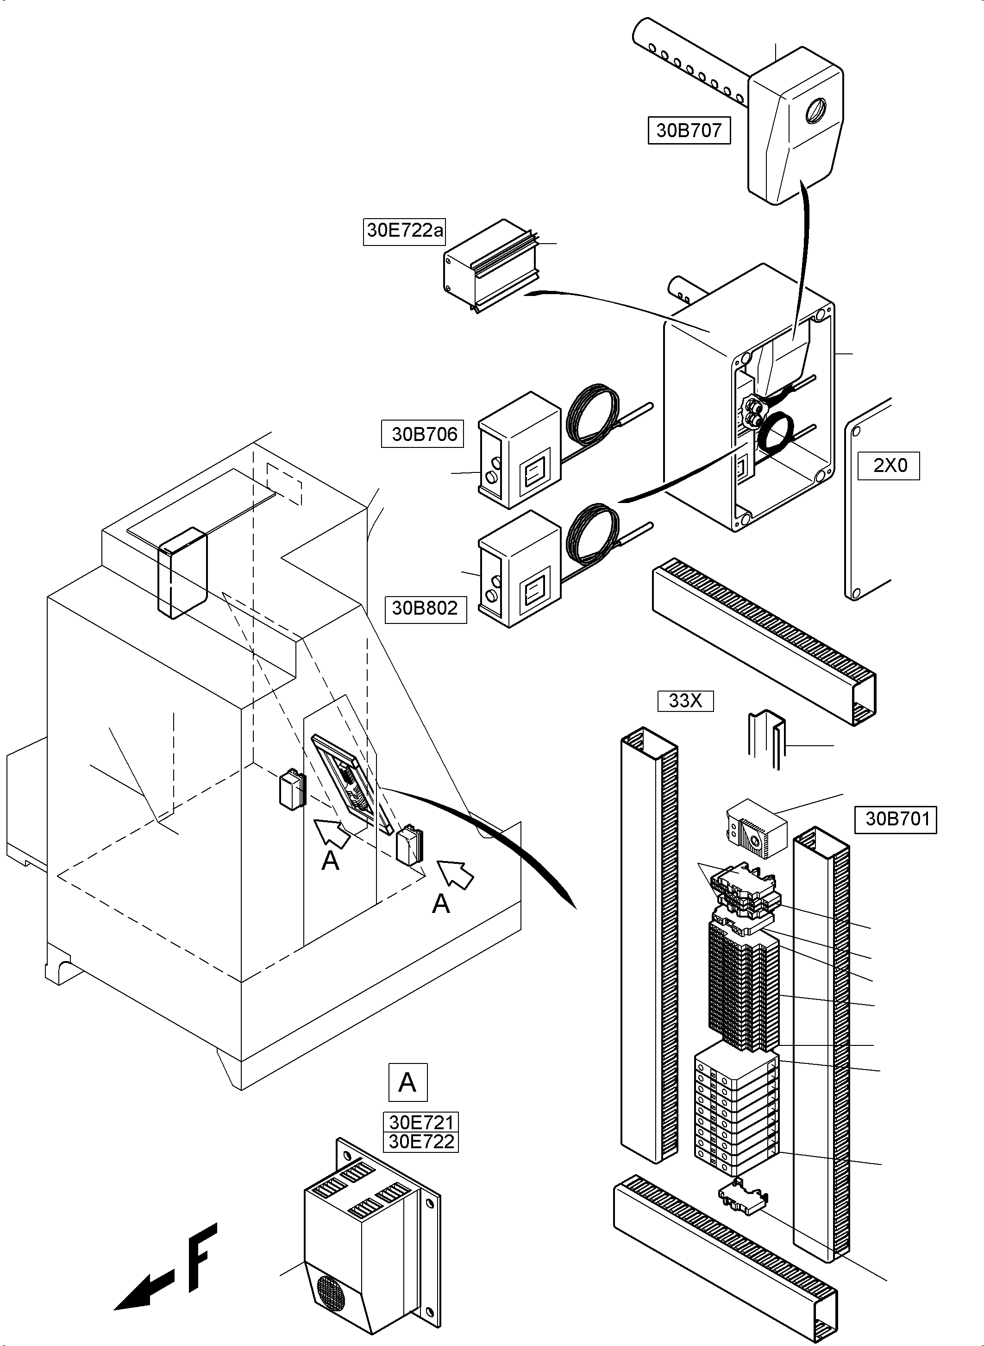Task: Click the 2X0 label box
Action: [x=889, y=466]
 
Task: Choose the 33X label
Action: [x=686, y=701]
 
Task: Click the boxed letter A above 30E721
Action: [x=408, y=1082]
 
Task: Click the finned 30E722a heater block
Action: [x=492, y=266]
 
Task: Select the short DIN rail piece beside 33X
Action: [x=766, y=740]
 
